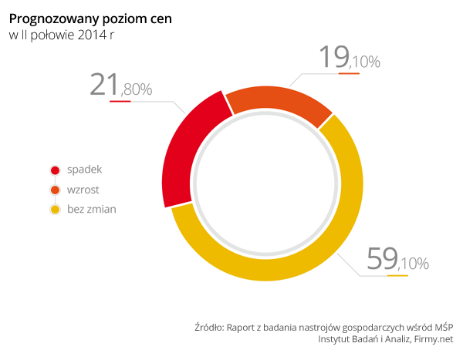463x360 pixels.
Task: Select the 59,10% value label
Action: [397, 261]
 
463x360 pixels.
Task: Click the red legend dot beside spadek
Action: [55, 170]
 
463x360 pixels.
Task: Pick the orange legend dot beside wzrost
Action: [55, 190]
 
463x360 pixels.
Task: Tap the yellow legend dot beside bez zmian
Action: [55, 209]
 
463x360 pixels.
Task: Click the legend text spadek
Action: [85, 170]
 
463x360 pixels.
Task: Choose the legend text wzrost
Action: [83, 189]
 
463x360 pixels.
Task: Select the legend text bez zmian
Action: [92, 208]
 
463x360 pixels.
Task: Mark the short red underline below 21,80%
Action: [120, 101]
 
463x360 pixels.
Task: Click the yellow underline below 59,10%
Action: [397, 275]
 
